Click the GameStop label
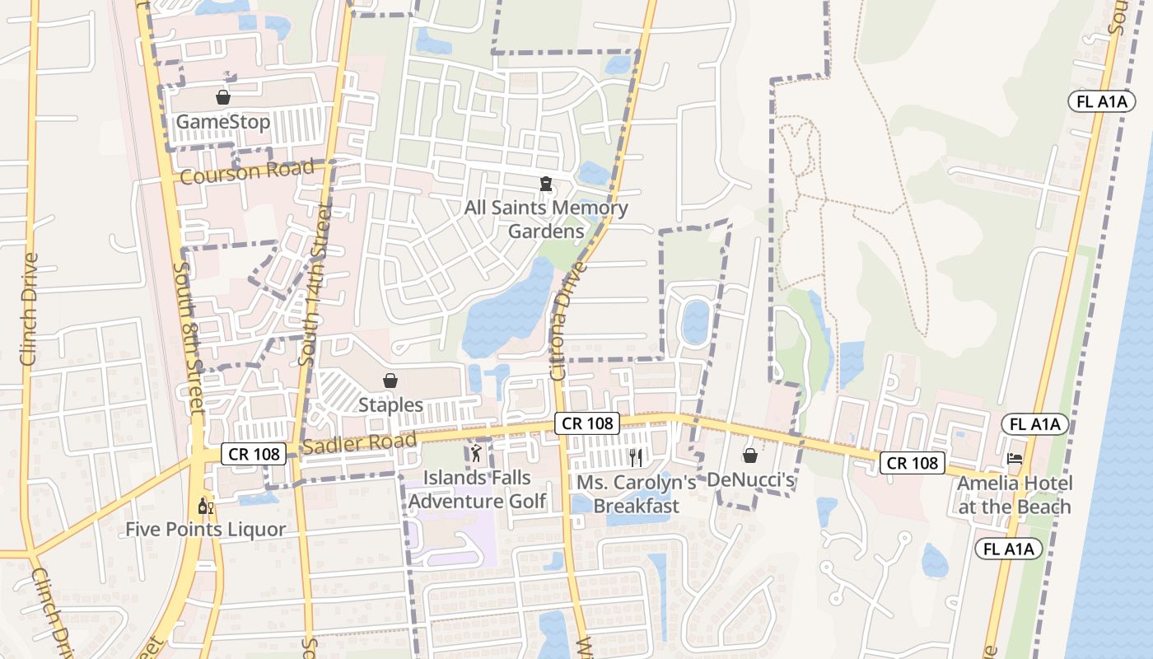223,123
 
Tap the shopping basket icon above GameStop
222,97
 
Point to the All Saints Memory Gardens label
546,219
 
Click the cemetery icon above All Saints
545,183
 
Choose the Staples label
390,405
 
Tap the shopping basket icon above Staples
390,381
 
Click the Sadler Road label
359,444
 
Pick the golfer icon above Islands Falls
476,452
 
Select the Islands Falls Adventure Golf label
477,489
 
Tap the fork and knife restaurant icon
635,457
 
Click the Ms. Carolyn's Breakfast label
637,494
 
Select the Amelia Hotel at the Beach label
1015,495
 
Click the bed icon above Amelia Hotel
1015,458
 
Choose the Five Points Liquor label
205,529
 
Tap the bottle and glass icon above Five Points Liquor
205,505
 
